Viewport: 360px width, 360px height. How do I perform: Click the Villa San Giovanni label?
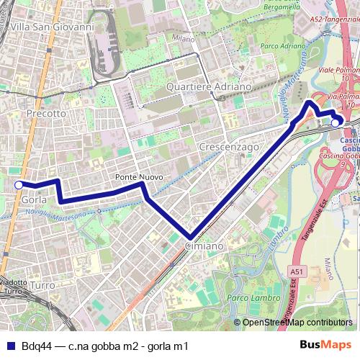coord(53,27)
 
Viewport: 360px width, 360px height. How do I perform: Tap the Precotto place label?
coord(46,114)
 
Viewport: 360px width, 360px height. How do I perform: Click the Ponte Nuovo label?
coord(138,176)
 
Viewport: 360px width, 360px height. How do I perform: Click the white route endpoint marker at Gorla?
coord(19,185)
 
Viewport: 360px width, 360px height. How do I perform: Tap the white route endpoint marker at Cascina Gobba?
coord(335,122)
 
